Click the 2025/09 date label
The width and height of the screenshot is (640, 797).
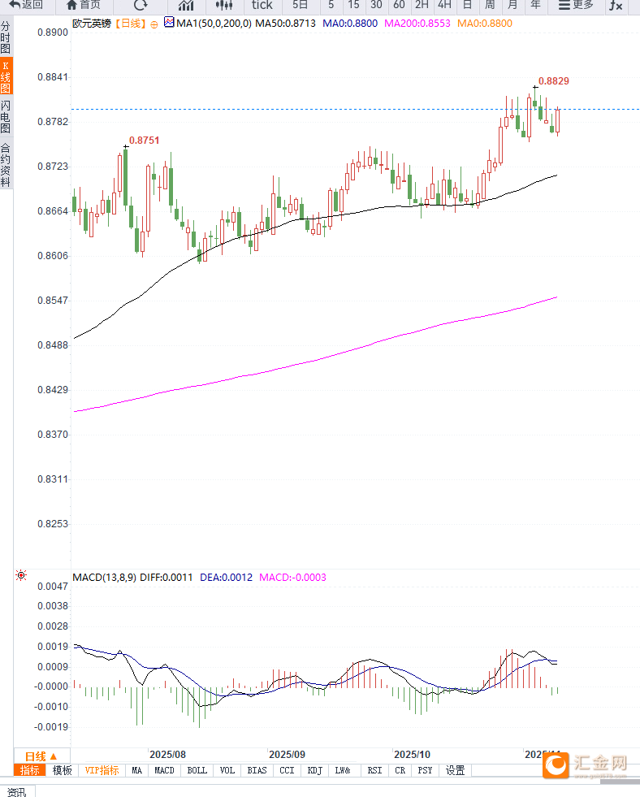click(x=288, y=754)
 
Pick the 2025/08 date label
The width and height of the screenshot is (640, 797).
click(x=168, y=754)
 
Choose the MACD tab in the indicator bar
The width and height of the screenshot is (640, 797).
click(x=164, y=770)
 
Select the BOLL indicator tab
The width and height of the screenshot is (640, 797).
click(x=197, y=770)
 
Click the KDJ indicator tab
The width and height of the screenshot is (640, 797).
click(x=314, y=770)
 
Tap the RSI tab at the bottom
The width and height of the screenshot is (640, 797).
click(x=374, y=770)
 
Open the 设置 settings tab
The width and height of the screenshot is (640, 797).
click(x=455, y=770)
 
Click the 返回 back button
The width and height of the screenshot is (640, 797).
click(x=26, y=5)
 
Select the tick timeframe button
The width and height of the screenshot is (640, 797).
click(x=262, y=5)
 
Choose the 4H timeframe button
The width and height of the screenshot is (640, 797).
click(x=444, y=5)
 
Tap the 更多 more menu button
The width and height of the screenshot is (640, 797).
click(x=576, y=5)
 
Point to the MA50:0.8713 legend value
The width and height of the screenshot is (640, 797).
click(x=285, y=24)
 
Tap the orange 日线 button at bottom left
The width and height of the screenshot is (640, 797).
click(x=41, y=756)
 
